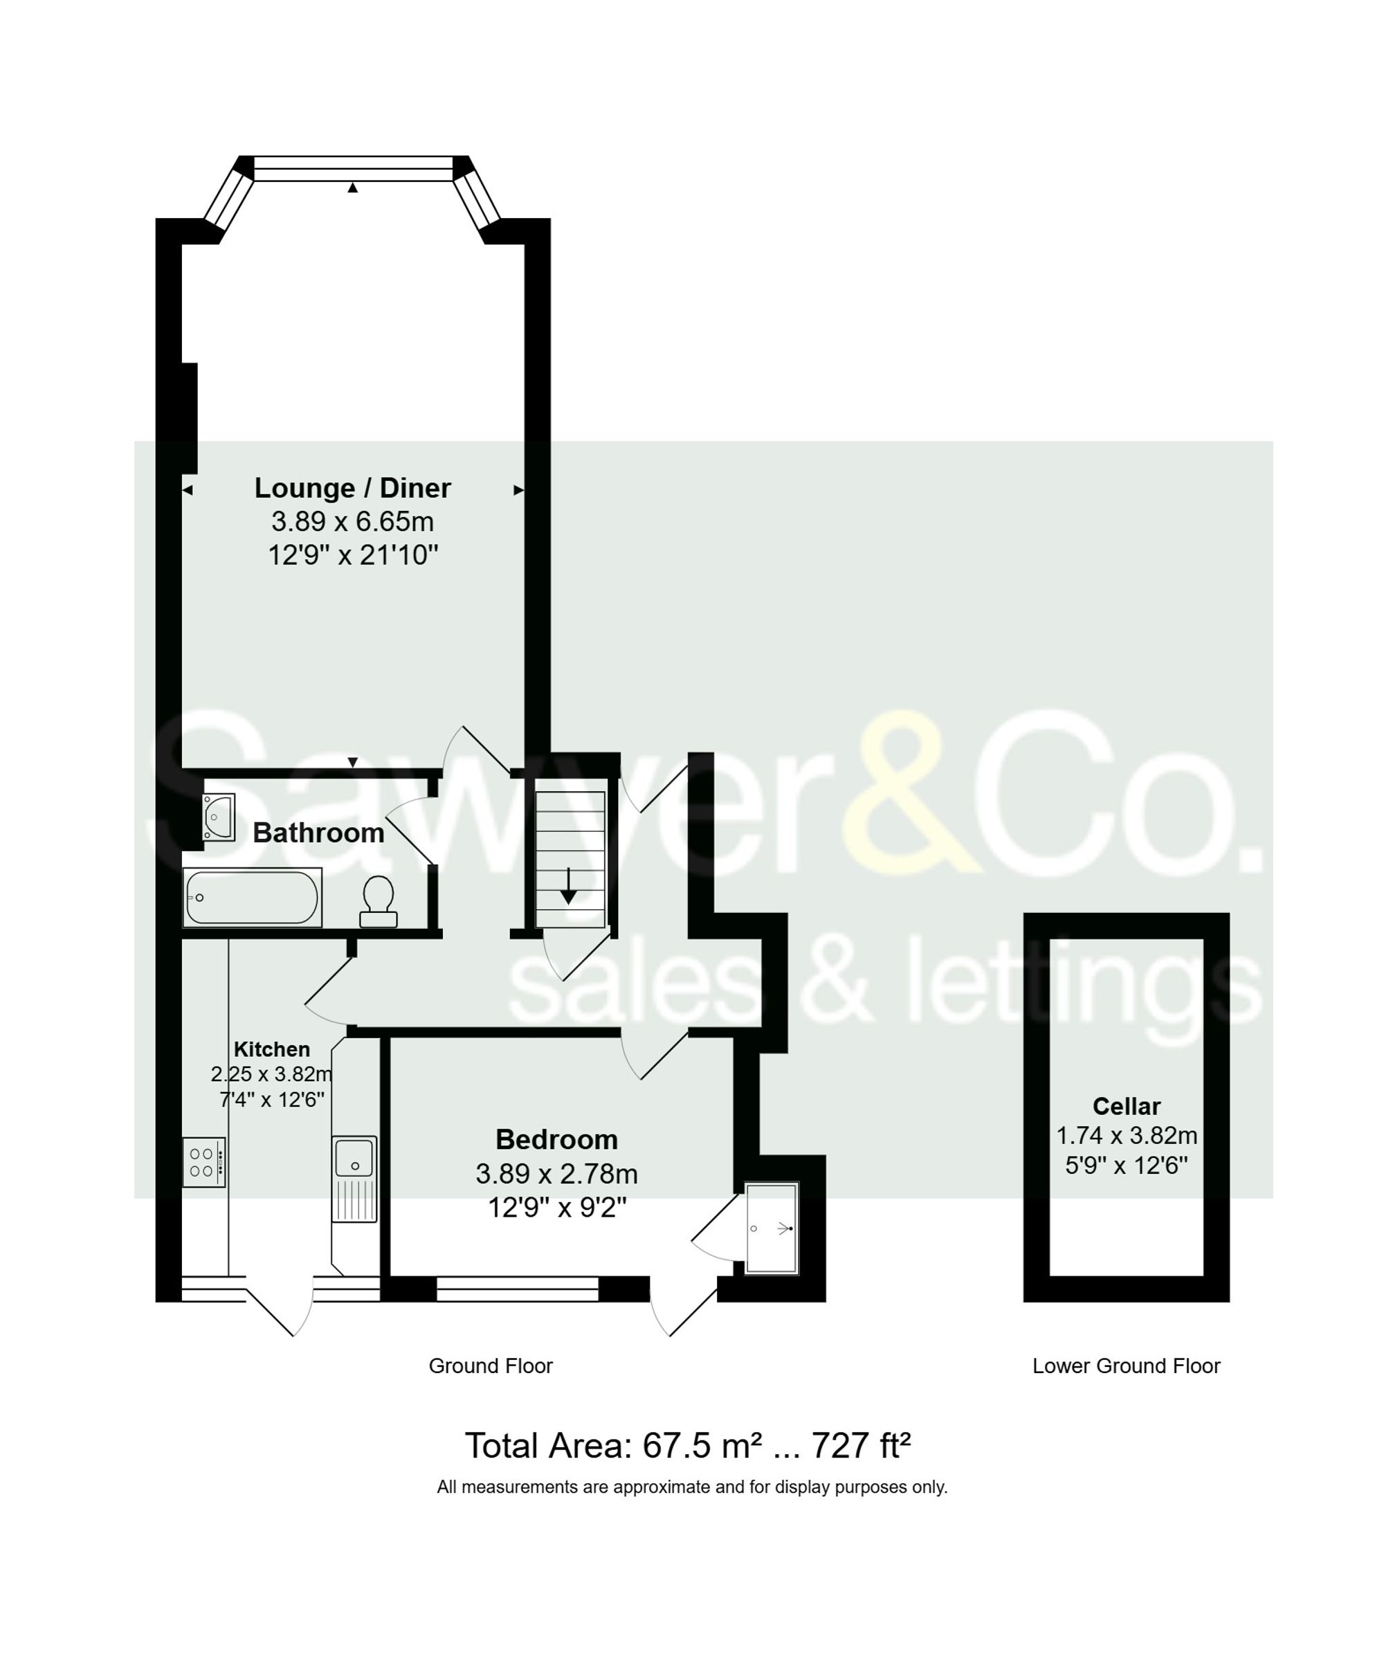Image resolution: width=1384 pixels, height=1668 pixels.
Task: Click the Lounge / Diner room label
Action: (x=352, y=488)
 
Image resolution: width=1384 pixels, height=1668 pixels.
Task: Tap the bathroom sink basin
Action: (x=217, y=817)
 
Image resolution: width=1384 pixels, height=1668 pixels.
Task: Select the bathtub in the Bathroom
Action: (x=252, y=898)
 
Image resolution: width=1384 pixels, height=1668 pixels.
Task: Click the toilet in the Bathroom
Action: (x=378, y=900)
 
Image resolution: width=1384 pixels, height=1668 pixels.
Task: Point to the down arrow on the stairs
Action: (x=569, y=886)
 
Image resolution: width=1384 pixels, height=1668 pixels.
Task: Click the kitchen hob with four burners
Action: (x=203, y=1163)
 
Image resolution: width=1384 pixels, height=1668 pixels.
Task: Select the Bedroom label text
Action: (x=556, y=1139)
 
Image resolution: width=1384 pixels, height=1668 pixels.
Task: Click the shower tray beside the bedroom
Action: (x=772, y=1228)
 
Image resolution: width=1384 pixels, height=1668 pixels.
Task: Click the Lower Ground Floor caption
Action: (x=1125, y=1366)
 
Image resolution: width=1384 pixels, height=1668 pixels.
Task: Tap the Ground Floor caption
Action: (x=490, y=1366)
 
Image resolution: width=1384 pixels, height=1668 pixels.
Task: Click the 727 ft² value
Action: (x=860, y=1446)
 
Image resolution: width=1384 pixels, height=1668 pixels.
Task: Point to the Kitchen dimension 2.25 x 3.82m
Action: (x=271, y=1074)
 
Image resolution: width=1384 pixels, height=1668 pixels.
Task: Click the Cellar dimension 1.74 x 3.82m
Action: (x=1126, y=1135)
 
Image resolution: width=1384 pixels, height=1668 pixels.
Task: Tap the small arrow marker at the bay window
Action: (x=352, y=188)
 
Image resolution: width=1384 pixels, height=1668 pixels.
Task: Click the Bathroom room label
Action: (x=318, y=833)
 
